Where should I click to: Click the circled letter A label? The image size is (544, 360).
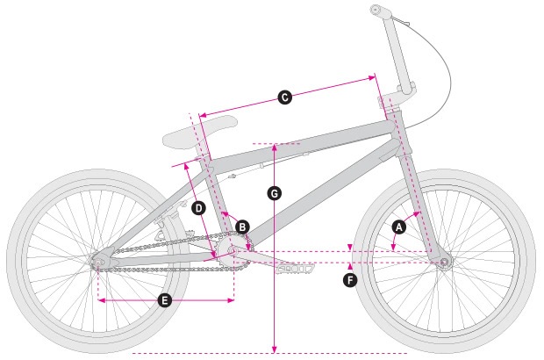[399, 227]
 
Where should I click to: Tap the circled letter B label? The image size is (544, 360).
[242, 227]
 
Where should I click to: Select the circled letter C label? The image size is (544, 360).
[285, 97]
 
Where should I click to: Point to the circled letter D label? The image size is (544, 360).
[199, 208]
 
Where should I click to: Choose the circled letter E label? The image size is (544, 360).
[164, 300]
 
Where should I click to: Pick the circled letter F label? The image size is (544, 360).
[350, 280]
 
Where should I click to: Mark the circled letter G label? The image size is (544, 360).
[275, 193]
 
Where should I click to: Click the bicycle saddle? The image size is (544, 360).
[199, 132]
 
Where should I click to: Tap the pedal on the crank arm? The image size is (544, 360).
[295, 269]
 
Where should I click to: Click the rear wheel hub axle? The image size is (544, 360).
[97, 262]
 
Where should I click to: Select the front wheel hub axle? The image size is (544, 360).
[444, 262]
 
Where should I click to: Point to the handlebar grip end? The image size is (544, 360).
[375, 10]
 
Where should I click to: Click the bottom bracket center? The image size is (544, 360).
[232, 250]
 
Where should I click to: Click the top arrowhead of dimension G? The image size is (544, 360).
[275, 147]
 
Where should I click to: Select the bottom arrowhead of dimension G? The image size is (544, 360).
[275, 349]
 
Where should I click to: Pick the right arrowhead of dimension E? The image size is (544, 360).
[231, 300]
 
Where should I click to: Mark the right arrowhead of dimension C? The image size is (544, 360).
[372, 78]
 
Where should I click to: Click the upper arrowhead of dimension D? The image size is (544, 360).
[186, 167]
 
